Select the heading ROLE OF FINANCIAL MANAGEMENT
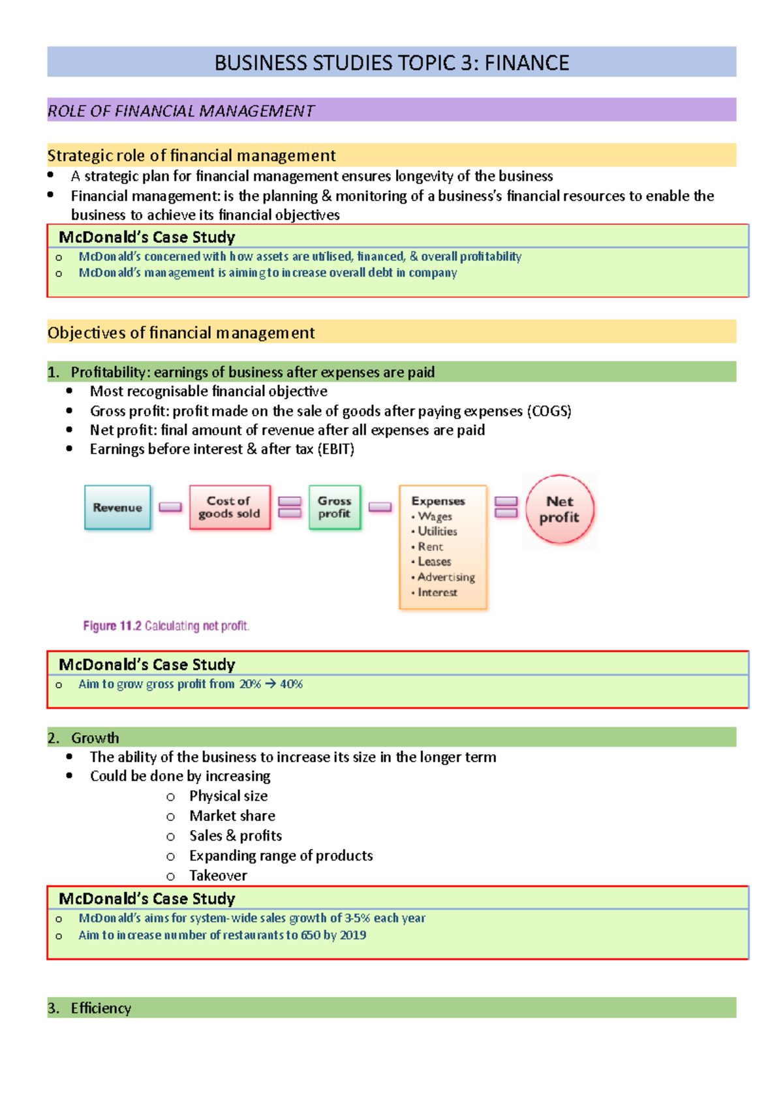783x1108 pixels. pos(181,111)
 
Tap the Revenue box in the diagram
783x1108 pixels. pos(117,508)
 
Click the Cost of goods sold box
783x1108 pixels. pos(230,507)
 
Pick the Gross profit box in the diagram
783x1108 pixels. pos(335,507)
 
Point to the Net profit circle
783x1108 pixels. pos(560,510)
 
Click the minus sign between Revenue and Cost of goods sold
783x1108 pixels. pos(170,507)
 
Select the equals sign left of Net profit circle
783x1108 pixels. pos(506,507)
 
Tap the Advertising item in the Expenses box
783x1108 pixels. pos(446,577)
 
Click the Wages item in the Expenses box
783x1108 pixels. pos(435,516)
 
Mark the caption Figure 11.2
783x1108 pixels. pos(112,626)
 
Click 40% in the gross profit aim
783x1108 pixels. pos(291,684)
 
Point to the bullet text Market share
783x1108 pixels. pos(232,816)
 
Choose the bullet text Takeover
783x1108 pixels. pos(218,875)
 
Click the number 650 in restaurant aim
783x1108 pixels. pos(311,935)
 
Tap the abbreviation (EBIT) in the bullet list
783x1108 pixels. pos(335,449)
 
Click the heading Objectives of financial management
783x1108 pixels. pos(181,333)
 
